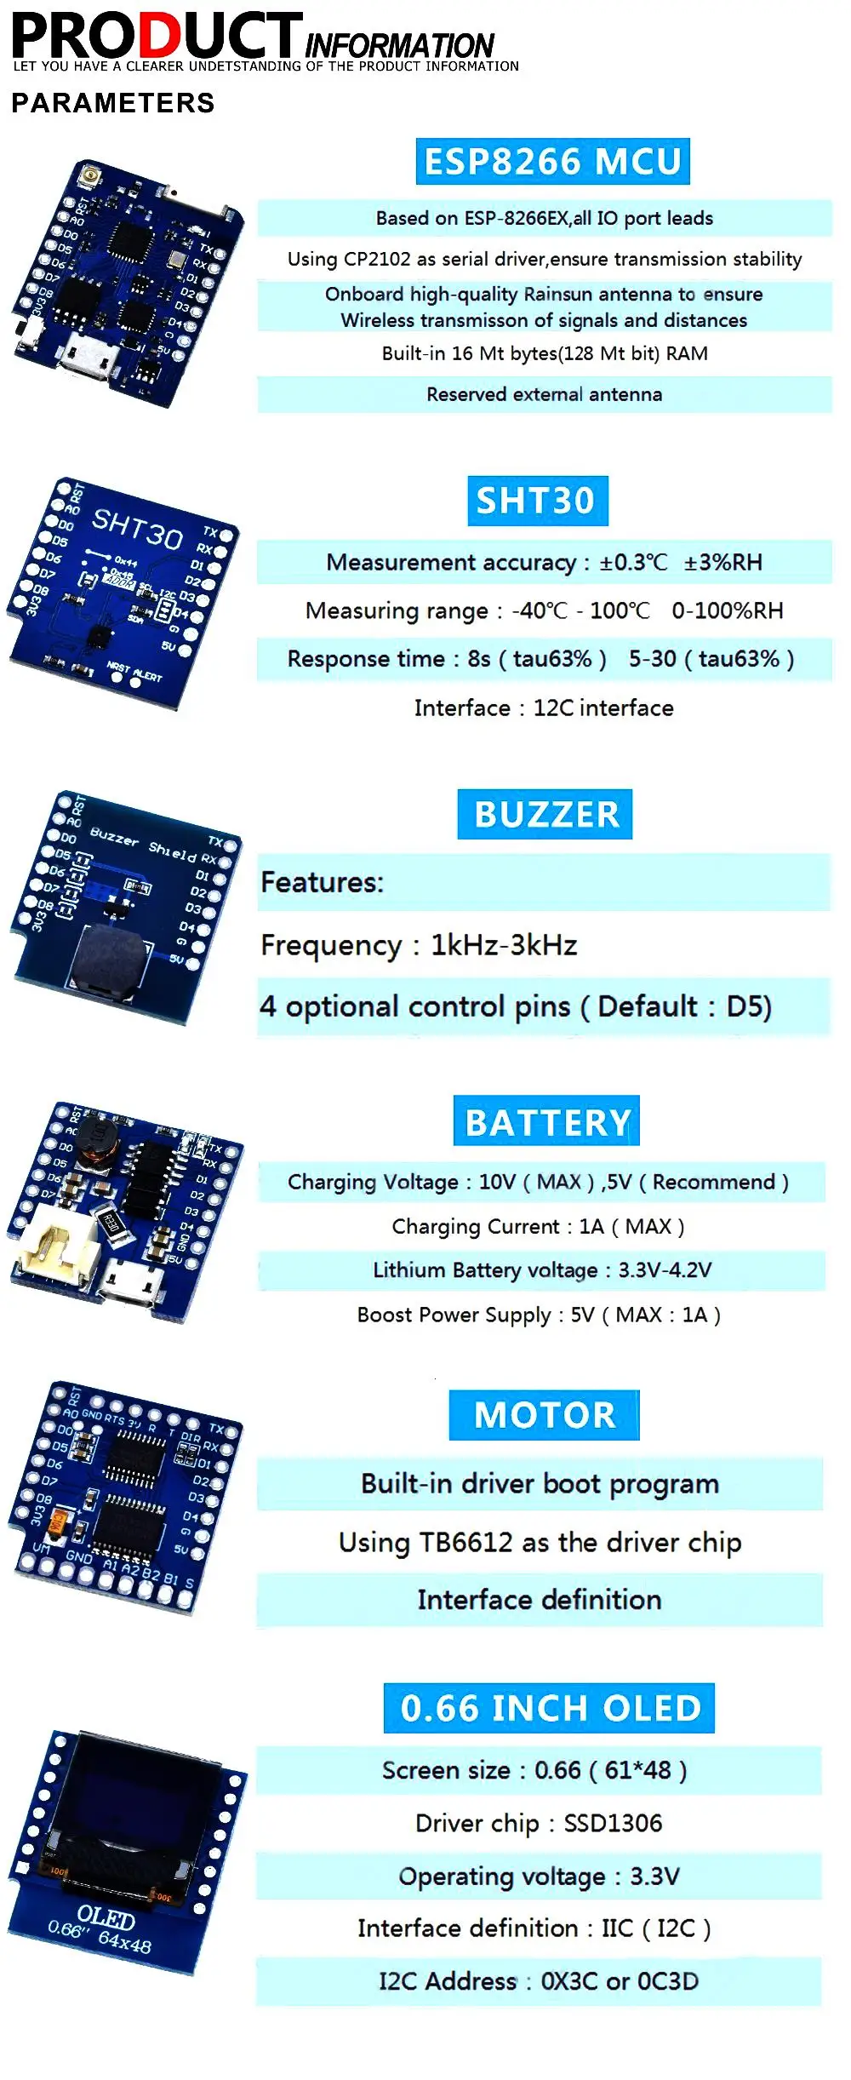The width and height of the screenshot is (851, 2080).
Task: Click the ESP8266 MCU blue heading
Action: (552, 162)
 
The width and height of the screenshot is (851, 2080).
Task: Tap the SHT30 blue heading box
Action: (537, 501)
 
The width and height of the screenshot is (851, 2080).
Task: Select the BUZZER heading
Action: (545, 815)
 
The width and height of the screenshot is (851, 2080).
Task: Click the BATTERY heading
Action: (546, 1121)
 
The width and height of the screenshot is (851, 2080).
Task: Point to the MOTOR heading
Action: (544, 1415)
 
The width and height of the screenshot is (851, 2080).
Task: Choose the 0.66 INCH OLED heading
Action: (549, 1708)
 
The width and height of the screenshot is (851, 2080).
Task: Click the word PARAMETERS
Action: (112, 103)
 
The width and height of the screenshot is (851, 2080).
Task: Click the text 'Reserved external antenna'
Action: (544, 394)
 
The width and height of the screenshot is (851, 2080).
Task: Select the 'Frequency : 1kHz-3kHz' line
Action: (419, 945)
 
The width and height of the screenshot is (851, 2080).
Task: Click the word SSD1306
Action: (613, 1823)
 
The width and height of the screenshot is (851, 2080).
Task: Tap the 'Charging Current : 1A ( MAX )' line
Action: (538, 1226)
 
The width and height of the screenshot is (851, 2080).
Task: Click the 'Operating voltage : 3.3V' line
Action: (539, 1876)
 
